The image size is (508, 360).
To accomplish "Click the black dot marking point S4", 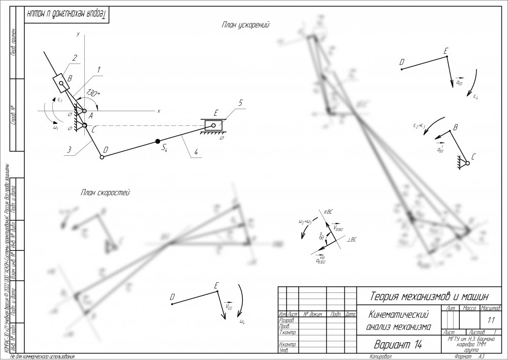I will [x=158, y=141].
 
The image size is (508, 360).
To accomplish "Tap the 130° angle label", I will [x=93, y=93].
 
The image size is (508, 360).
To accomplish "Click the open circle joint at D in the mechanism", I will [x=102, y=157].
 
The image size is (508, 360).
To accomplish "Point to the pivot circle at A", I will [x=84, y=111].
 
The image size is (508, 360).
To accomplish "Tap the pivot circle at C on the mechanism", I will [x=84, y=125].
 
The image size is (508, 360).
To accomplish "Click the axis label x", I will [x=158, y=111].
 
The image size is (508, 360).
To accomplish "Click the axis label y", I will [x=78, y=34].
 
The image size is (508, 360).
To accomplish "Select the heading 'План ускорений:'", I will [x=245, y=24].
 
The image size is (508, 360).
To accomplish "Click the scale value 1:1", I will [x=490, y=321].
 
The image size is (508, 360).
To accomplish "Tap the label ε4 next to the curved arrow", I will [x=476, y=95].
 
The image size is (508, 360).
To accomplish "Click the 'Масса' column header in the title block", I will [x=467, y=308].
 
